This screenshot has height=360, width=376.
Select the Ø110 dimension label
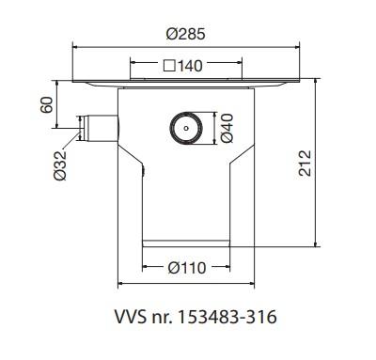(x=187, y=267)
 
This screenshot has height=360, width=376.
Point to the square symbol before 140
(x=168, y=67)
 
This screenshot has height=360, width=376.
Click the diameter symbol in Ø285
(x=171, y=33)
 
